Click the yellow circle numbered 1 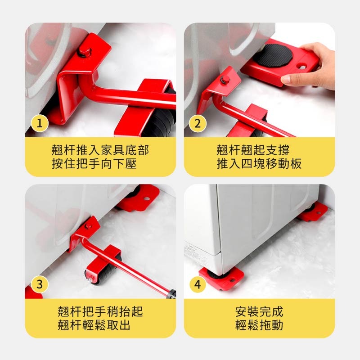[40, 124]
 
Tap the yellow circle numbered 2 [197, 124]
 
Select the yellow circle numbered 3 [40, 284]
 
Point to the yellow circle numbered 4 [197, 284]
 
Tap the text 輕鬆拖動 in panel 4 [259, 325]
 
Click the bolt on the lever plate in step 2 [226, 80]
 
